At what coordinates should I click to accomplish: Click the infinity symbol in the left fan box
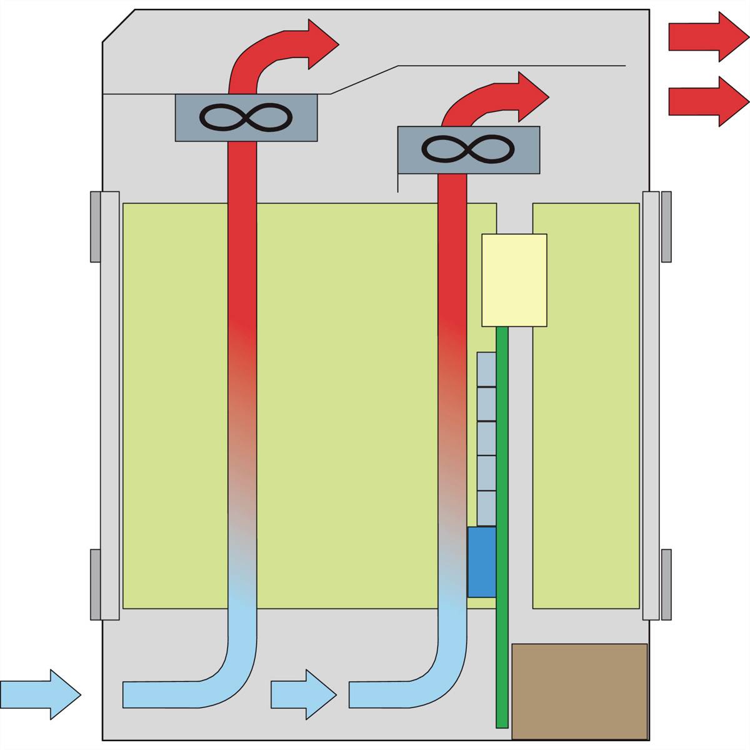pos(245,117)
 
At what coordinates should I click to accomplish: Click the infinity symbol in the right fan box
pos(468,149)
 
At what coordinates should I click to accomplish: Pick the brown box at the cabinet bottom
pos(579,691)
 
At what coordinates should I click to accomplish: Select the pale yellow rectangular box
pos(514,279)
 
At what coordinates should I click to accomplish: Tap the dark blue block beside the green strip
pos(481,561)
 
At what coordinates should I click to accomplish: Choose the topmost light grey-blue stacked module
pos(486,369)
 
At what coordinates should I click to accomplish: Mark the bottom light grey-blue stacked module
pos(486,508)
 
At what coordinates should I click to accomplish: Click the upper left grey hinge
pos(95,226)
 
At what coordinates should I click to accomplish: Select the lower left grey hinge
pos(95,584)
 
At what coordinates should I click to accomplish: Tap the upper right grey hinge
pos(666,226)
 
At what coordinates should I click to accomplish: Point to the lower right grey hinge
pos(666,584)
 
